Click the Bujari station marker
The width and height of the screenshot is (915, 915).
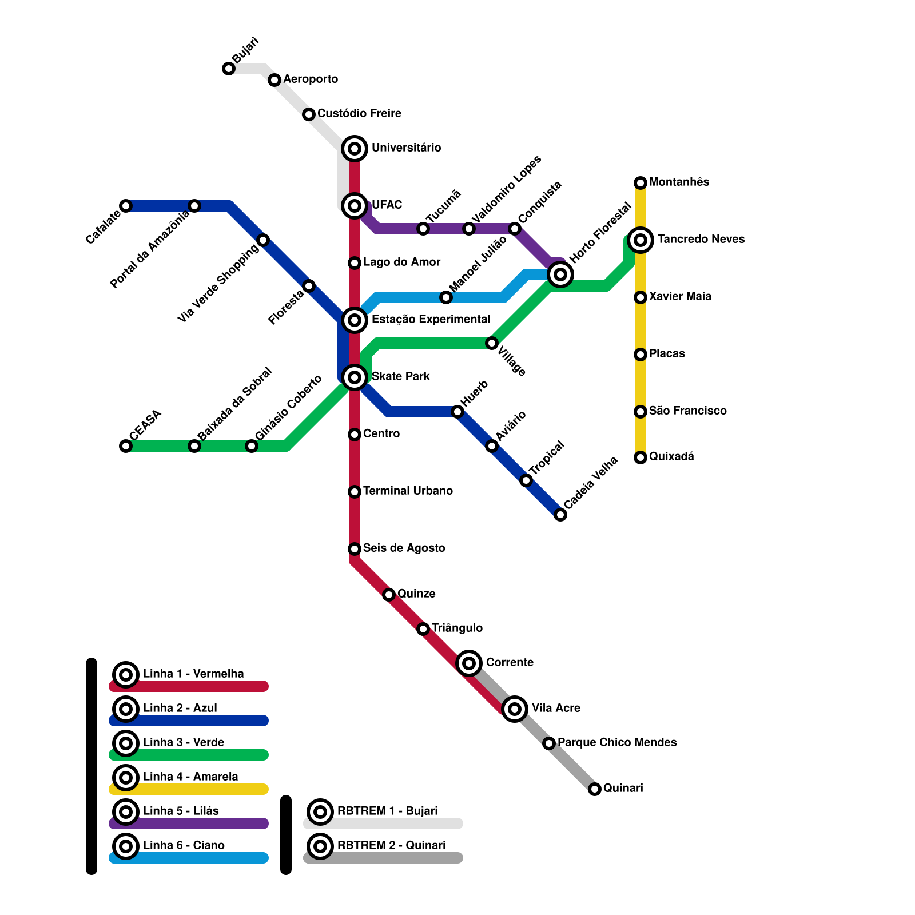coord(229,69)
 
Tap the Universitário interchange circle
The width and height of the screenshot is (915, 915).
coord(355,149)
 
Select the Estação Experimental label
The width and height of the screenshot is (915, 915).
coord(431,319)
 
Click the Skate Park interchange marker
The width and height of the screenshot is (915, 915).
coord(355,377)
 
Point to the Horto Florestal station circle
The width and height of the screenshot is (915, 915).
coord(560,274)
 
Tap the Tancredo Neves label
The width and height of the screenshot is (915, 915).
coord(701,239)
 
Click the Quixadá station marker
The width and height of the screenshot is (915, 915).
coord(640,457)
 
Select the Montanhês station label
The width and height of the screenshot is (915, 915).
coord(679,182)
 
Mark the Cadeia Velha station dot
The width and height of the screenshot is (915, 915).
coord(560,515)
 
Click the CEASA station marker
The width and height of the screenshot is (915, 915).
coord(126,446)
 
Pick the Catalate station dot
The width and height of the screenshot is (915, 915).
coord(126,206)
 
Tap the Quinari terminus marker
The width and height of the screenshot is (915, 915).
coord(595,789)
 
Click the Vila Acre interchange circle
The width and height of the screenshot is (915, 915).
coord(515,709)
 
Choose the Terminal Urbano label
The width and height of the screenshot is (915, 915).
coord(408,491)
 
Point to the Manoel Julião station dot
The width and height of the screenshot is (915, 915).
coord(446,297)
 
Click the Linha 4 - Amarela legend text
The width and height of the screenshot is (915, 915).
coord(190,777)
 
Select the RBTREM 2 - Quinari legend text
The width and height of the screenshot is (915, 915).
coord(391,845)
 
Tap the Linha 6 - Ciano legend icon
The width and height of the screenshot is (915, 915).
coord(126,846)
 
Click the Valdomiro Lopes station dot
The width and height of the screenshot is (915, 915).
coord(469,229)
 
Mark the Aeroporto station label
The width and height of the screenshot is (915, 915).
coord(311,79)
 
